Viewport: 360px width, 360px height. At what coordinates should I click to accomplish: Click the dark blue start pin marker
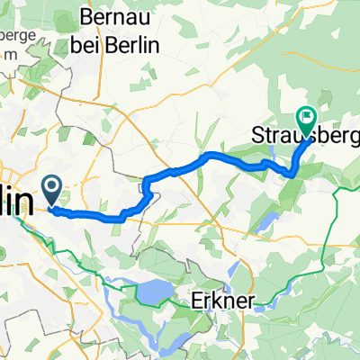coord(52,190)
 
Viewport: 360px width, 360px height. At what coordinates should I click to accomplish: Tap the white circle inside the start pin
coord(52,186)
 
